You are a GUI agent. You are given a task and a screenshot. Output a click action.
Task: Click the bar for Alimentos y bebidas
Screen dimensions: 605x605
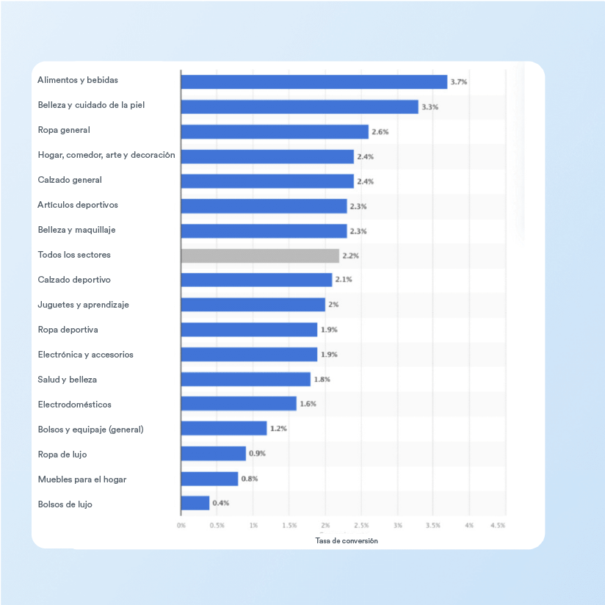[x=314, y=81]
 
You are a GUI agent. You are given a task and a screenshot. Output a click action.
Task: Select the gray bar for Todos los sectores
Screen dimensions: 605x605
[x=260, y=256]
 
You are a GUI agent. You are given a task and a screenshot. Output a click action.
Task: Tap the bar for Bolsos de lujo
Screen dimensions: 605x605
[x=195, y=503]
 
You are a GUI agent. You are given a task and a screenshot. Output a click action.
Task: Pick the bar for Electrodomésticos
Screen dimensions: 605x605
[x=239, y=404]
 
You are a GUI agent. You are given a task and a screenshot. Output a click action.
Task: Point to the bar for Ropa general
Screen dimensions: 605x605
[x=275, y=131]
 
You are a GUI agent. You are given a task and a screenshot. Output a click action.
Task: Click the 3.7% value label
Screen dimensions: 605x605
[x=459, y=82]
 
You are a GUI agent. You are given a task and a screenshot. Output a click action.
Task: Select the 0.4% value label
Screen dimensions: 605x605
[x=221, y=504]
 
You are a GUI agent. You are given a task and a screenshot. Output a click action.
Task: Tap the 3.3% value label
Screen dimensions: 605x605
[x=430, y=107]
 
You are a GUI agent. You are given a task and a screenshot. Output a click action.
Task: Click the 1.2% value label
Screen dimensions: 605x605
[x=278, y=429]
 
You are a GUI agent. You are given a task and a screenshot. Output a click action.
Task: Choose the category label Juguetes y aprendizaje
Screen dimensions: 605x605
[x=83, y=305]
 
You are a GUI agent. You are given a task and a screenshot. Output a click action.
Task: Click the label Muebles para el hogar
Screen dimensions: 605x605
[x=82, y=479]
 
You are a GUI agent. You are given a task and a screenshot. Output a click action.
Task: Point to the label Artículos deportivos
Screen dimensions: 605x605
[x=78, y=205]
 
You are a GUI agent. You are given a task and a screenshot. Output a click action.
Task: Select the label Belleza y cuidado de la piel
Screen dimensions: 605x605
[x=91, y=105]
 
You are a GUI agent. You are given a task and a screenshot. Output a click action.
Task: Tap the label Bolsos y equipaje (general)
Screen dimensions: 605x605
[x=90, y=430]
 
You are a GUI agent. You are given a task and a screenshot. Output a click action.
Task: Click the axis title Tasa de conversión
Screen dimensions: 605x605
[x=347, y=540]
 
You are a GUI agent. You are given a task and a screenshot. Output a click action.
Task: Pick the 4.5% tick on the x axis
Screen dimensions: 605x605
[x=498, y=526]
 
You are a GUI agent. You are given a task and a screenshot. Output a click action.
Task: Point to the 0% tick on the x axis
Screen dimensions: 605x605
[x=181, y=526]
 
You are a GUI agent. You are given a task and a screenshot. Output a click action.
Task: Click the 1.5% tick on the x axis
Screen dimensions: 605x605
[x=289, y=526]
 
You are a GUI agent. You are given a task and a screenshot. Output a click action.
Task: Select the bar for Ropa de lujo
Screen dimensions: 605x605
[x=214, y=454]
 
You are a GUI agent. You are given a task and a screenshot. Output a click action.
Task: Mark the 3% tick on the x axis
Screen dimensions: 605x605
[x=397, y=526]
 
